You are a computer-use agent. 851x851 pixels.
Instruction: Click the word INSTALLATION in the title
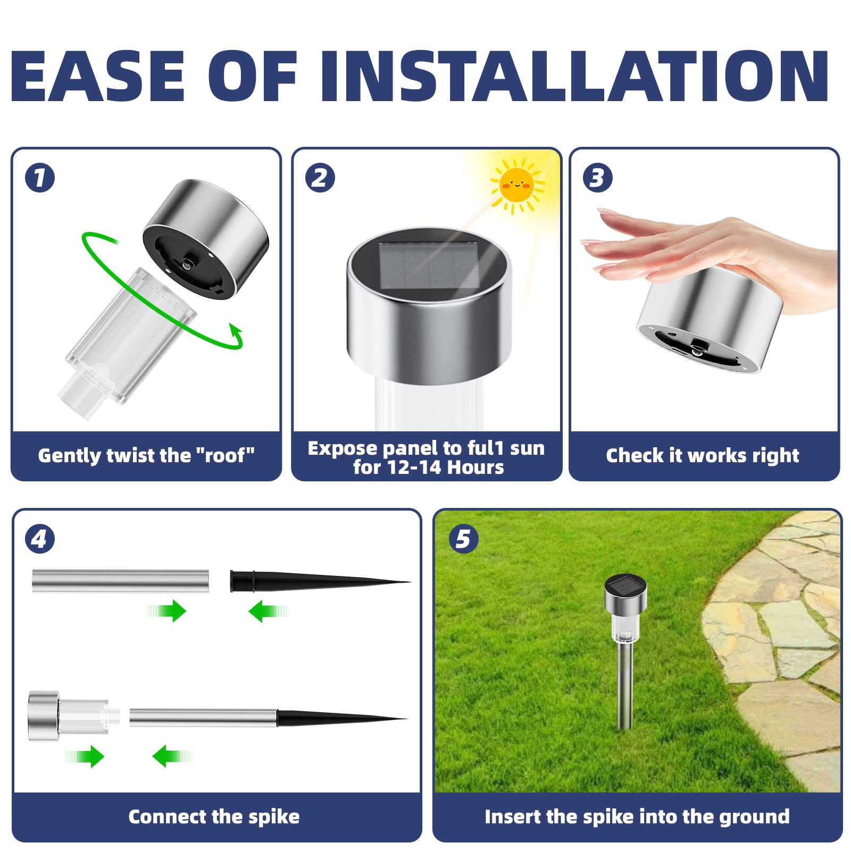coord(574,76)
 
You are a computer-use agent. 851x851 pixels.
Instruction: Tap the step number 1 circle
coord(40,178)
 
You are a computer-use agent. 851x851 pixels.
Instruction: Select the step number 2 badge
coord(320,178)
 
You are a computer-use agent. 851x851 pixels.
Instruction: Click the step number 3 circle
coord(597,178)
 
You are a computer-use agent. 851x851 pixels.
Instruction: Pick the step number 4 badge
coord(40,539)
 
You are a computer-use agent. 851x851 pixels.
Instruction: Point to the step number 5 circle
coord(463,539)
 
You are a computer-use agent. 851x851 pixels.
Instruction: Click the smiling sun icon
coord(516,185)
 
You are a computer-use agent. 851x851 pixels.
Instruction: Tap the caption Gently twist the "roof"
coord(146,456)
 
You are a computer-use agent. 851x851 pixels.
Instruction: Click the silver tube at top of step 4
coord(120,581)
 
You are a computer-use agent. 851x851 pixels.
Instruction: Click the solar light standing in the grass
coord(625,638)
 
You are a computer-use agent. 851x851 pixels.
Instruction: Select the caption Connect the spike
coord(214,817)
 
